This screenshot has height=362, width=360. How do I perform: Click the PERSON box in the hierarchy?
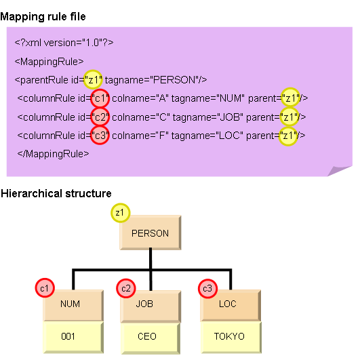151,233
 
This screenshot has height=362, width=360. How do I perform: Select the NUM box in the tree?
73,305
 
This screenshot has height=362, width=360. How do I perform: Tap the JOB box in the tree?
151,306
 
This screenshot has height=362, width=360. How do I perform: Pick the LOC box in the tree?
231,305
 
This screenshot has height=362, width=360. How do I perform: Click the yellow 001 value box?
73,338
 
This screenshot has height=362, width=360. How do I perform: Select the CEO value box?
151,338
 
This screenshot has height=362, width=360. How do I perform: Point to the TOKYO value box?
231,338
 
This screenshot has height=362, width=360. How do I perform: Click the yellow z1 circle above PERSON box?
120,213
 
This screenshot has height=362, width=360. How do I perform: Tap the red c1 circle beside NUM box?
45,288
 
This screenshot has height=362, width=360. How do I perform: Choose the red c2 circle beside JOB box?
126,288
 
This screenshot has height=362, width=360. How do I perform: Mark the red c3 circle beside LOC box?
207,288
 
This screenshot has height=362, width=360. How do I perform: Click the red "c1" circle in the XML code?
100,98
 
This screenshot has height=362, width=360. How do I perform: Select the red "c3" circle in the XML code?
100,136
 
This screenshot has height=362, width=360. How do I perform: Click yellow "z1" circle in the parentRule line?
93,79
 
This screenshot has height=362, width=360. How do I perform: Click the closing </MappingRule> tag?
53,154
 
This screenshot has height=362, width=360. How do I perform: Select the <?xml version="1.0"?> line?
64,43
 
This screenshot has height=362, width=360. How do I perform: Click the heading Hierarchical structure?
56,193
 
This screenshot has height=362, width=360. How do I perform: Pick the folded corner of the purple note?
339,171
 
